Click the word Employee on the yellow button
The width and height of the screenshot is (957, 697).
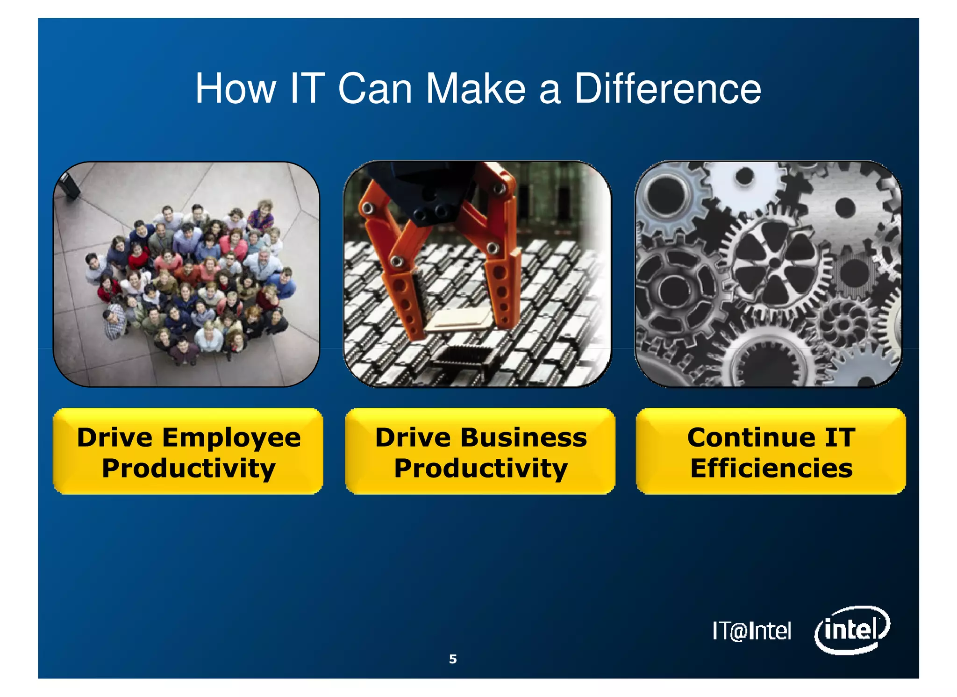(x=232, y=438)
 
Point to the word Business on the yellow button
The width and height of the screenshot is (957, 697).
(x=523, y=438)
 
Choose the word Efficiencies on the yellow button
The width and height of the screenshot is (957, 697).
(x=771, y=469)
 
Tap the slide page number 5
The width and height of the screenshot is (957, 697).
(x=452, y=659)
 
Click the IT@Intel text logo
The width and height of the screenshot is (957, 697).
(x=751, y=631)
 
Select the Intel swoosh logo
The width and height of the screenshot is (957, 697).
(x=851, y=630)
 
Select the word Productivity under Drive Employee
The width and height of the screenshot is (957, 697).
(x=188, y=469)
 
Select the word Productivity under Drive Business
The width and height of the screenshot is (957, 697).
(x=480, y=469)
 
